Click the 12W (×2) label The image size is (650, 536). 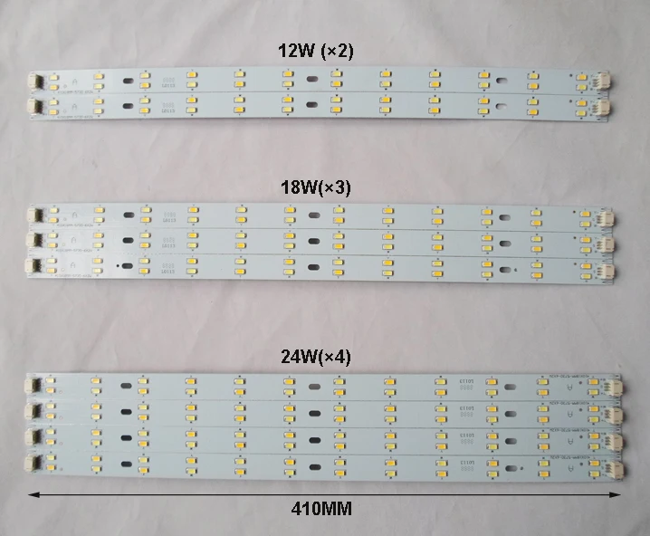click(316, 52)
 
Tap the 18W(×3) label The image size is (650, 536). click(316, 187)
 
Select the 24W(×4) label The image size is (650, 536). click(316, 357)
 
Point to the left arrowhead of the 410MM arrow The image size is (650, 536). click(34, 494)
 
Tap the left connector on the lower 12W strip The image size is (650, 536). click(38, 106)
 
